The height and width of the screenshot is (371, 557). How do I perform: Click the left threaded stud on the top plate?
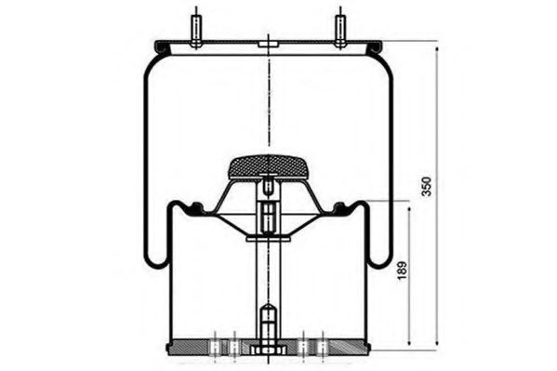point(196,27)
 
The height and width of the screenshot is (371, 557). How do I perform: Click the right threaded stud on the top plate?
point(340,27)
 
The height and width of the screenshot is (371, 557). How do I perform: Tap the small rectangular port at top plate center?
point(268,45)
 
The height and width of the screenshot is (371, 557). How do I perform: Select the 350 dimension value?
point(427,186)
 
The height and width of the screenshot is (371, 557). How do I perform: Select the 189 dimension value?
point(402,272)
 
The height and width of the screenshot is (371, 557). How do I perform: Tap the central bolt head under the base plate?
point(268,351)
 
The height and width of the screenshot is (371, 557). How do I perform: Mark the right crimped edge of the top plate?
point(376,46)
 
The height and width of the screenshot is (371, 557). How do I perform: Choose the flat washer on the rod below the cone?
point(268,239)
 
